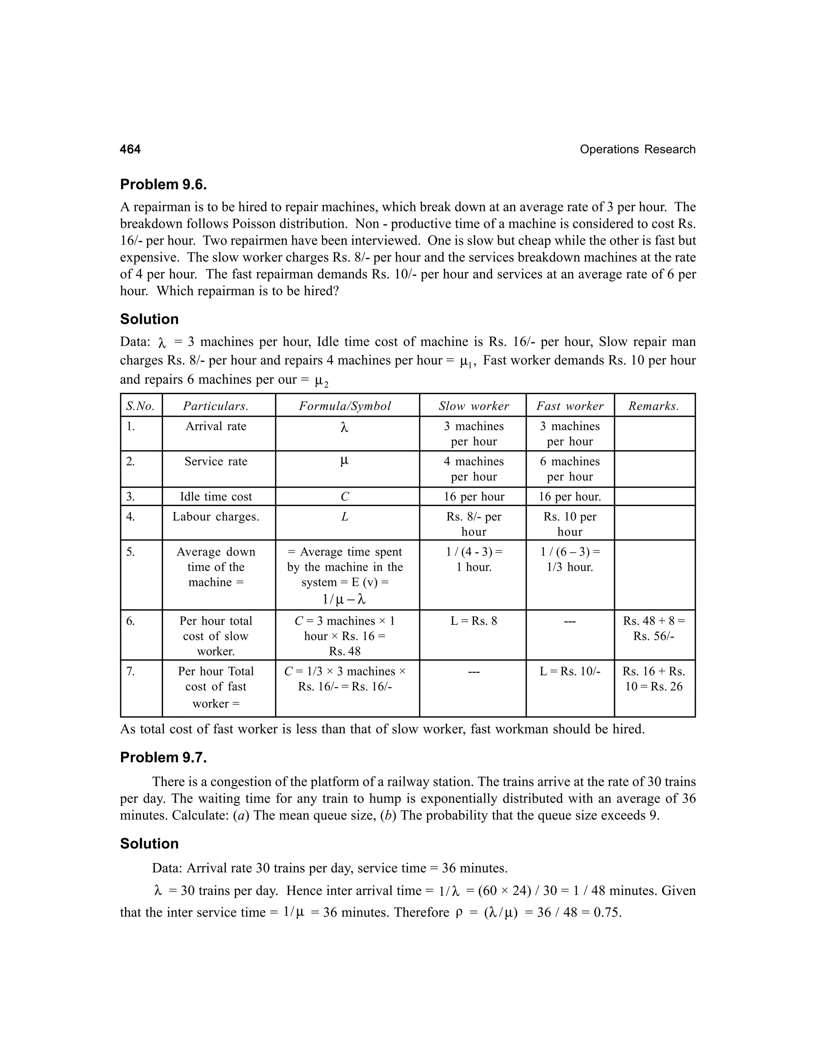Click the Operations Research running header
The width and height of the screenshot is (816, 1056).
637,149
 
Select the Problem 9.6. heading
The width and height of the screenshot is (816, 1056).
163,184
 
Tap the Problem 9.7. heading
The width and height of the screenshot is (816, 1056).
163,757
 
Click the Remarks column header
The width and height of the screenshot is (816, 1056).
653,406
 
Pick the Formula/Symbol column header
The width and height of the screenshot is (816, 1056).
345,406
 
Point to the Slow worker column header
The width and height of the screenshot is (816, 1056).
474,406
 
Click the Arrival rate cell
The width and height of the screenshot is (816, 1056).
216,426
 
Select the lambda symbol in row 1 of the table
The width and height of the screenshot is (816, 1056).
344,428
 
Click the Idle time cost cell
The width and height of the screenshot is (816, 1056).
216,497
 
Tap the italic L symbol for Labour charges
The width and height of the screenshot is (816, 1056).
344,517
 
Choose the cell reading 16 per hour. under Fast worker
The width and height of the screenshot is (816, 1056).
569,497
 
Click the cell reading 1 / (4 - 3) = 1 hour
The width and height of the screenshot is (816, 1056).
474,559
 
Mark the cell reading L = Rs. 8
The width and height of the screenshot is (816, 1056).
474,621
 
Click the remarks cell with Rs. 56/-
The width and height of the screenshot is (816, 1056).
653,628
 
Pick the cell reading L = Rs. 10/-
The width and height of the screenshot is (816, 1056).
569,671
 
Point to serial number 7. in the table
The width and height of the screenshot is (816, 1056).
131,671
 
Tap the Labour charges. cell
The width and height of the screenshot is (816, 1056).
216,517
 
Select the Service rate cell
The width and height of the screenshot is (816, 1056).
216,461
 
